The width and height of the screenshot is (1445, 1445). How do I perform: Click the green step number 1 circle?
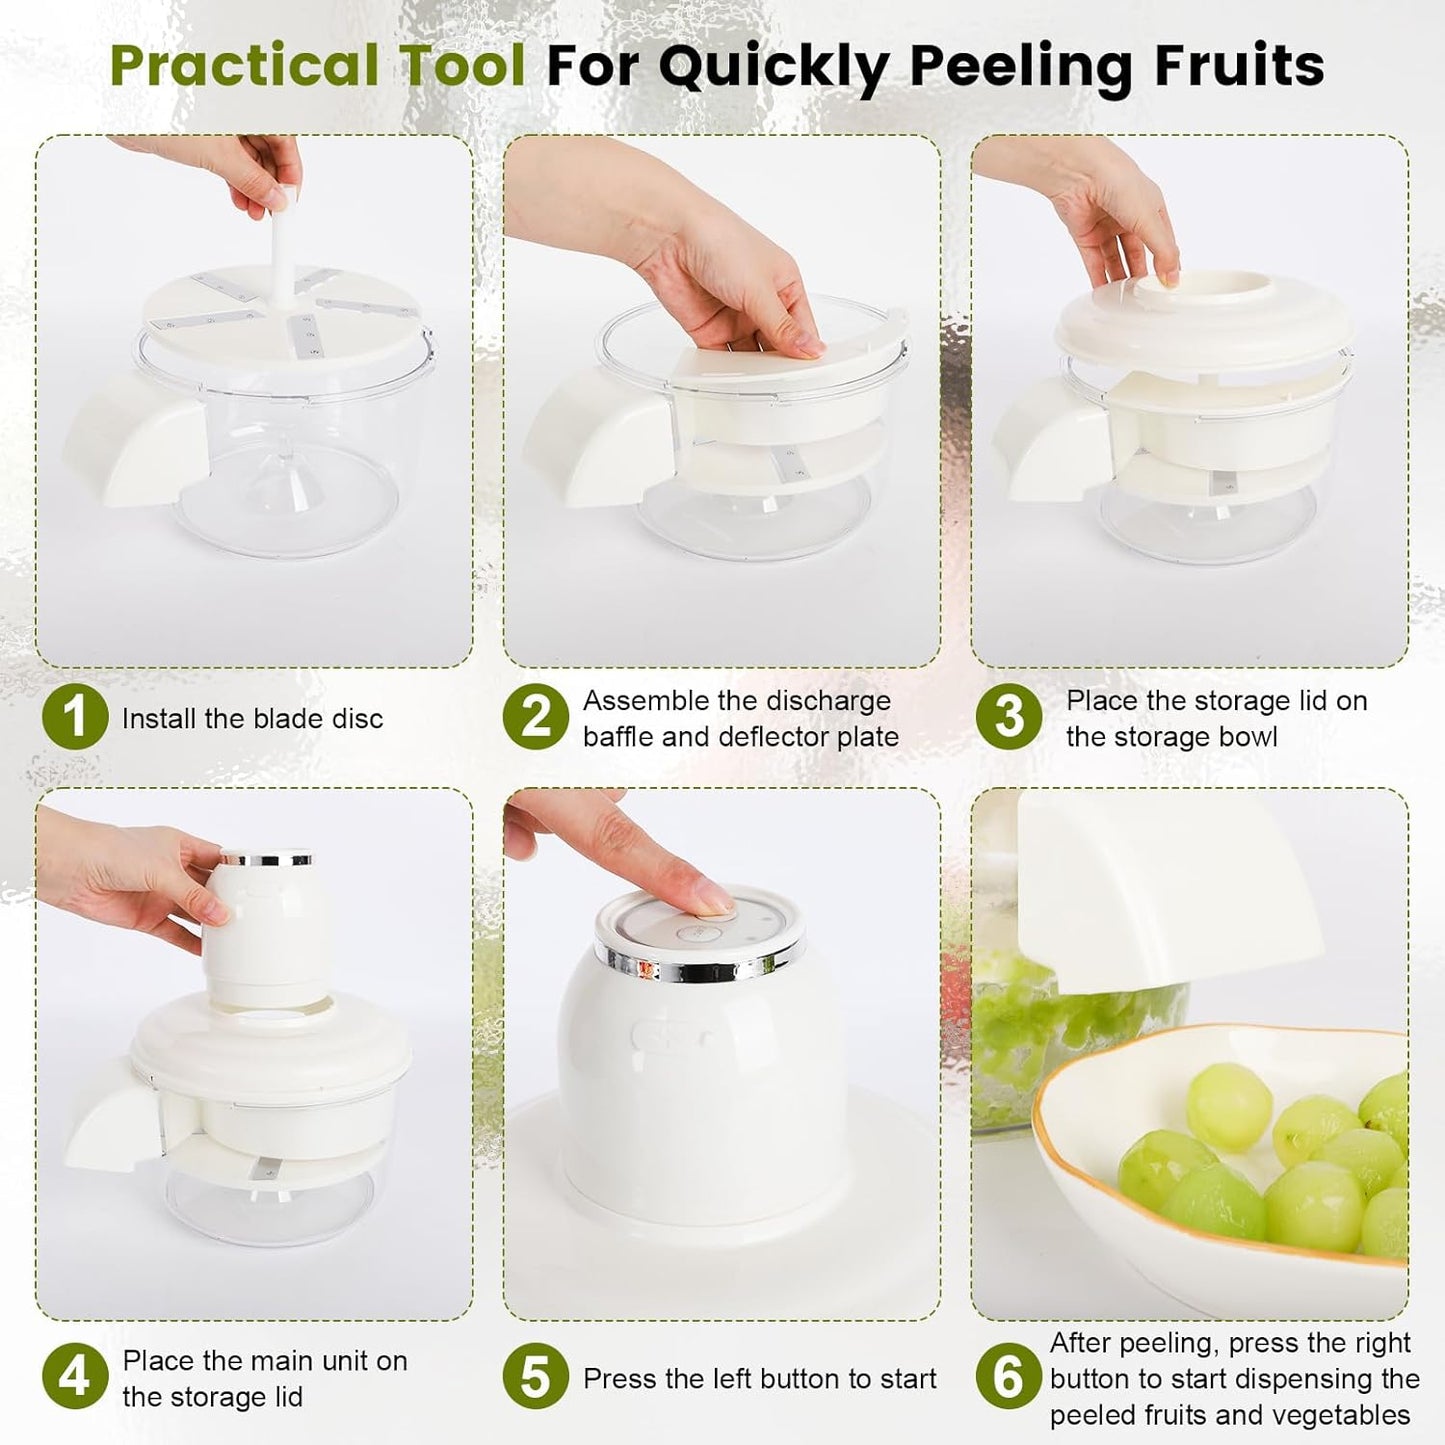pyautogui.click(x=75, y=717)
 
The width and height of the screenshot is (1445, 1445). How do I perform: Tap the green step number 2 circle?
pyautogui.click(x=536, y=717)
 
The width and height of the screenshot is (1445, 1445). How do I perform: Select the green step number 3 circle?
pyautogui.click(x=1008, y=717)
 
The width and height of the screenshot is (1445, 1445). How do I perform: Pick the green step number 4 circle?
pyautogui.click(x=75, y=1377)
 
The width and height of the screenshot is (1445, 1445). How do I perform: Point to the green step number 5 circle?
pyautogui.click(x=536, y=1377)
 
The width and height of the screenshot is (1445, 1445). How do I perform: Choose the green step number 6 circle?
pyautogui.click(x=1008, y=1377)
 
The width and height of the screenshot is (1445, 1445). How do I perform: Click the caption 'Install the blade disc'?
pyautogui.click(x=252, y=718)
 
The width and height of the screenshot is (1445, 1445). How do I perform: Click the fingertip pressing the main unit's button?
pyautogui.click(x=712, y=902)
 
